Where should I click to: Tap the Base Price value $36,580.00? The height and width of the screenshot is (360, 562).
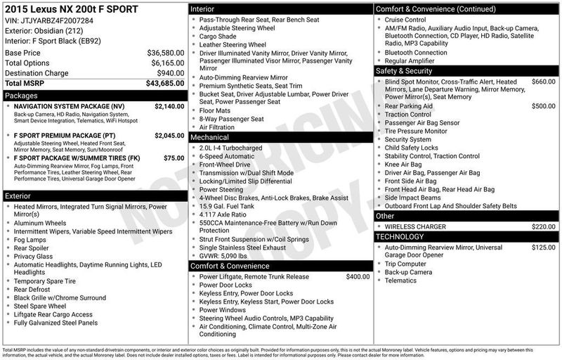(166, 53)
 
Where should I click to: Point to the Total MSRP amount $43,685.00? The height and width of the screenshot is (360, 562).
(166, 84)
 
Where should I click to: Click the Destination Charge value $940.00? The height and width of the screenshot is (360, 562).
(171, 73)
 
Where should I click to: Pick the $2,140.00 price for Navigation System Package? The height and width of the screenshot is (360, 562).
(164, 105)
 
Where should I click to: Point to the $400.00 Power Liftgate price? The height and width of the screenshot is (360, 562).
(358, 276)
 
